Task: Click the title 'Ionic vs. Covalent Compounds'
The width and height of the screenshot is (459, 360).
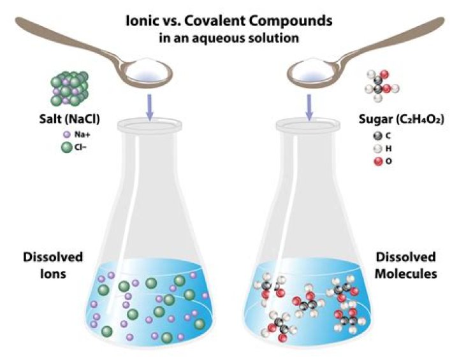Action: [x=229, y=21]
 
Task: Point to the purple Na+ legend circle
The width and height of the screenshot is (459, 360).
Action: [x=66, y=135]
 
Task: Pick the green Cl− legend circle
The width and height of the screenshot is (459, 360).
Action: [x=66, y=148]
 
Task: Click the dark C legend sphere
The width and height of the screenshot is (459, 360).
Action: [x=379, y=135]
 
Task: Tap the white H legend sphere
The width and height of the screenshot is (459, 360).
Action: [x=379, y=148]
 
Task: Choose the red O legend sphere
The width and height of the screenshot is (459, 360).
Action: [x=379, y=161]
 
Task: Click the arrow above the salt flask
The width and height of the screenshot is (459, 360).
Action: [x=149, y=106]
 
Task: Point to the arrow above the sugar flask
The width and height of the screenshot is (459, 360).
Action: [x=310, y=106]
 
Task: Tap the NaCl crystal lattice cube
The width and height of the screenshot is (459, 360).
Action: [x=69, y=87]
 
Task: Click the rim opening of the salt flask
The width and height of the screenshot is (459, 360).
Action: [x=149, y=125]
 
